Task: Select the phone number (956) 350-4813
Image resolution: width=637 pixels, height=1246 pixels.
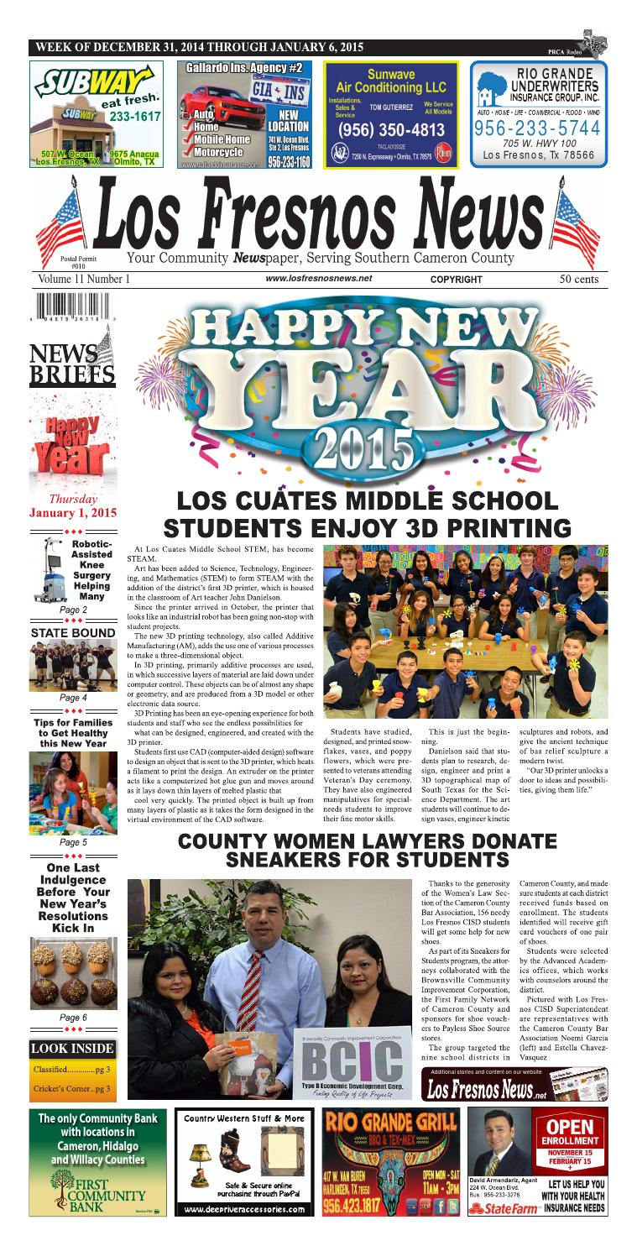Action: (391, 130)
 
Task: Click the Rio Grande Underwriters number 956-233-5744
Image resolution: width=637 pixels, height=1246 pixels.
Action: (537, 128)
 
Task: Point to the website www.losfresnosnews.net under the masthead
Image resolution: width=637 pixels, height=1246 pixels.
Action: (318, 279)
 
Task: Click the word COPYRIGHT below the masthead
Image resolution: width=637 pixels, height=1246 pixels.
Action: (456, 280)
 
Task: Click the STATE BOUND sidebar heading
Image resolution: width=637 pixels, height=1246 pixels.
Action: (73, 632)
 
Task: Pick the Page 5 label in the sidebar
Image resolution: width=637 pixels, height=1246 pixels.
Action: (73, 841)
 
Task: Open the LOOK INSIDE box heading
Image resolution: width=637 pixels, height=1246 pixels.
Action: (72, 1048)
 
